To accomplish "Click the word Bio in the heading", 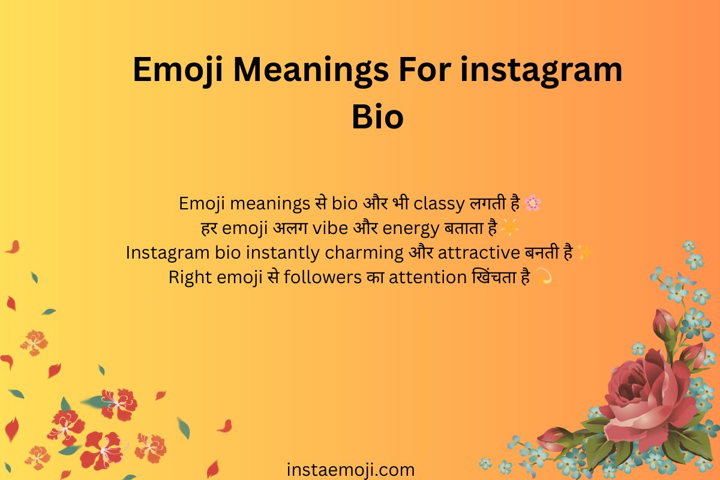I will [x=377, y=116].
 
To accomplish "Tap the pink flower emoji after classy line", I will [x=532, y=204].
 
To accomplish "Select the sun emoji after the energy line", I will [x=509, y=229].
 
